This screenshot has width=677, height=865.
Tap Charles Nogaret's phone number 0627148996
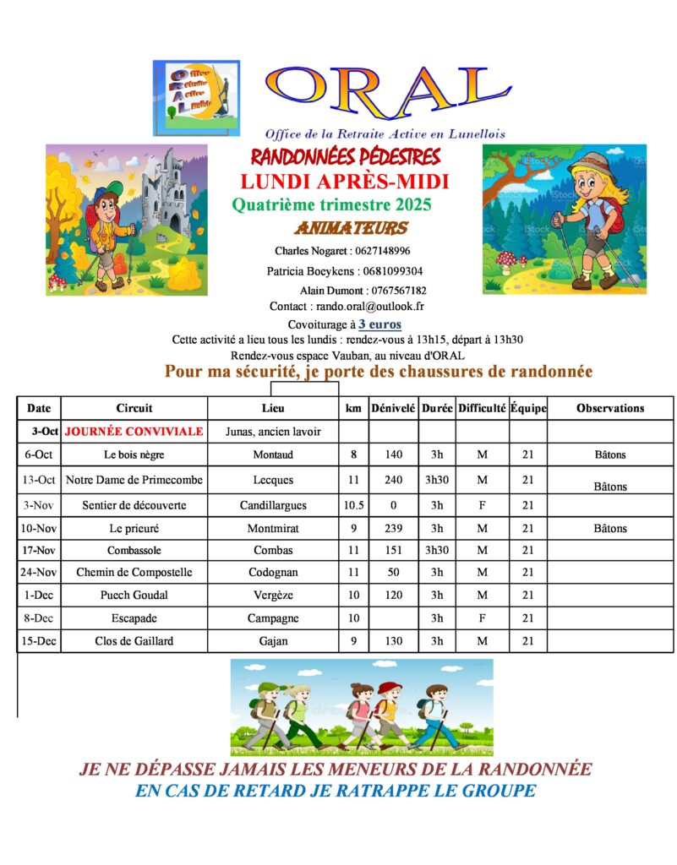point(383,251)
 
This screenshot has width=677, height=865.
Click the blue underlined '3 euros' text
point(379,324)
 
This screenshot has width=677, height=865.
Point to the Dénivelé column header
point(393,408)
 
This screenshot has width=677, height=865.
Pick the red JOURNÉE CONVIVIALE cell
point(134,431)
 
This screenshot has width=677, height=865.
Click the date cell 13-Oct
point(39,480)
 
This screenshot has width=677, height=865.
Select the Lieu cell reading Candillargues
point(273,505)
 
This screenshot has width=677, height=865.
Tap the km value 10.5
point(353,505)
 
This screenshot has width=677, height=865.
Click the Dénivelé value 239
point(393,528)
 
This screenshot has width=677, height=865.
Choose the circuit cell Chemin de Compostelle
point(134,572)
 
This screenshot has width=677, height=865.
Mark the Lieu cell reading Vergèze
point(273,595)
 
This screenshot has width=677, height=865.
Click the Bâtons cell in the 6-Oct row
point(610,454)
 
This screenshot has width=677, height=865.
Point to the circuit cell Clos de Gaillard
point(134,640)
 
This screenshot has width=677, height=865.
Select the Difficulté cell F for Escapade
point(482,617)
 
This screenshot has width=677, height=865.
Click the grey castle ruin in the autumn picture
point(165,190)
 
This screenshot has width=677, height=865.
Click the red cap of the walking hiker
point(390,688)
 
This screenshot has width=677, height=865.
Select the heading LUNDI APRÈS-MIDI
point(344,181)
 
